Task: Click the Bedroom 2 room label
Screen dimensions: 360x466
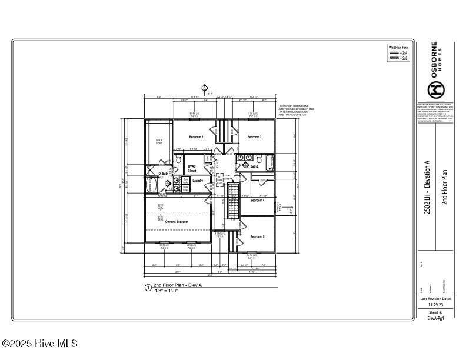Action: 196,137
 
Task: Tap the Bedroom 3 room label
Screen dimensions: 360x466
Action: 254,137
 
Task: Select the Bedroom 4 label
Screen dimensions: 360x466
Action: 257,201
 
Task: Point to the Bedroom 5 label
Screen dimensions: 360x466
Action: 257,236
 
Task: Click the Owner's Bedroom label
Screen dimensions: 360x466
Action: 177,222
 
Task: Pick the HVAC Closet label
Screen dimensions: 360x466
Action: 192,168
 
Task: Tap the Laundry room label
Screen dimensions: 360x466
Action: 198,181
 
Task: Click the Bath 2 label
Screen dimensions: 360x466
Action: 254,166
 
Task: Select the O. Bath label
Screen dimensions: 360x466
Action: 164,174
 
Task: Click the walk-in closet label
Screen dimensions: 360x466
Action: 159,141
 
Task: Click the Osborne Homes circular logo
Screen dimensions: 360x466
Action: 435,90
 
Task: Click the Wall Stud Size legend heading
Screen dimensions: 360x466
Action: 398,47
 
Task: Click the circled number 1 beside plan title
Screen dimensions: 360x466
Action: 148,288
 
